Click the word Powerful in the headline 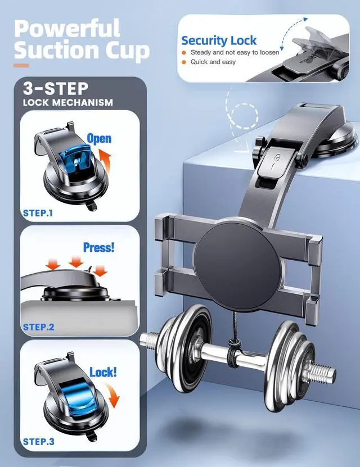point(67,28)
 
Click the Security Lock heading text point(219,40)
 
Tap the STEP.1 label point(38,213)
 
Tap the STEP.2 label point(38,327)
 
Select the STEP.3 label point(38,441)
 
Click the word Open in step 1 point(99,138)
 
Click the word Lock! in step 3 point(103,372)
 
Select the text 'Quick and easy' point(213,62)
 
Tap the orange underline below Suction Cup point(21,65)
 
